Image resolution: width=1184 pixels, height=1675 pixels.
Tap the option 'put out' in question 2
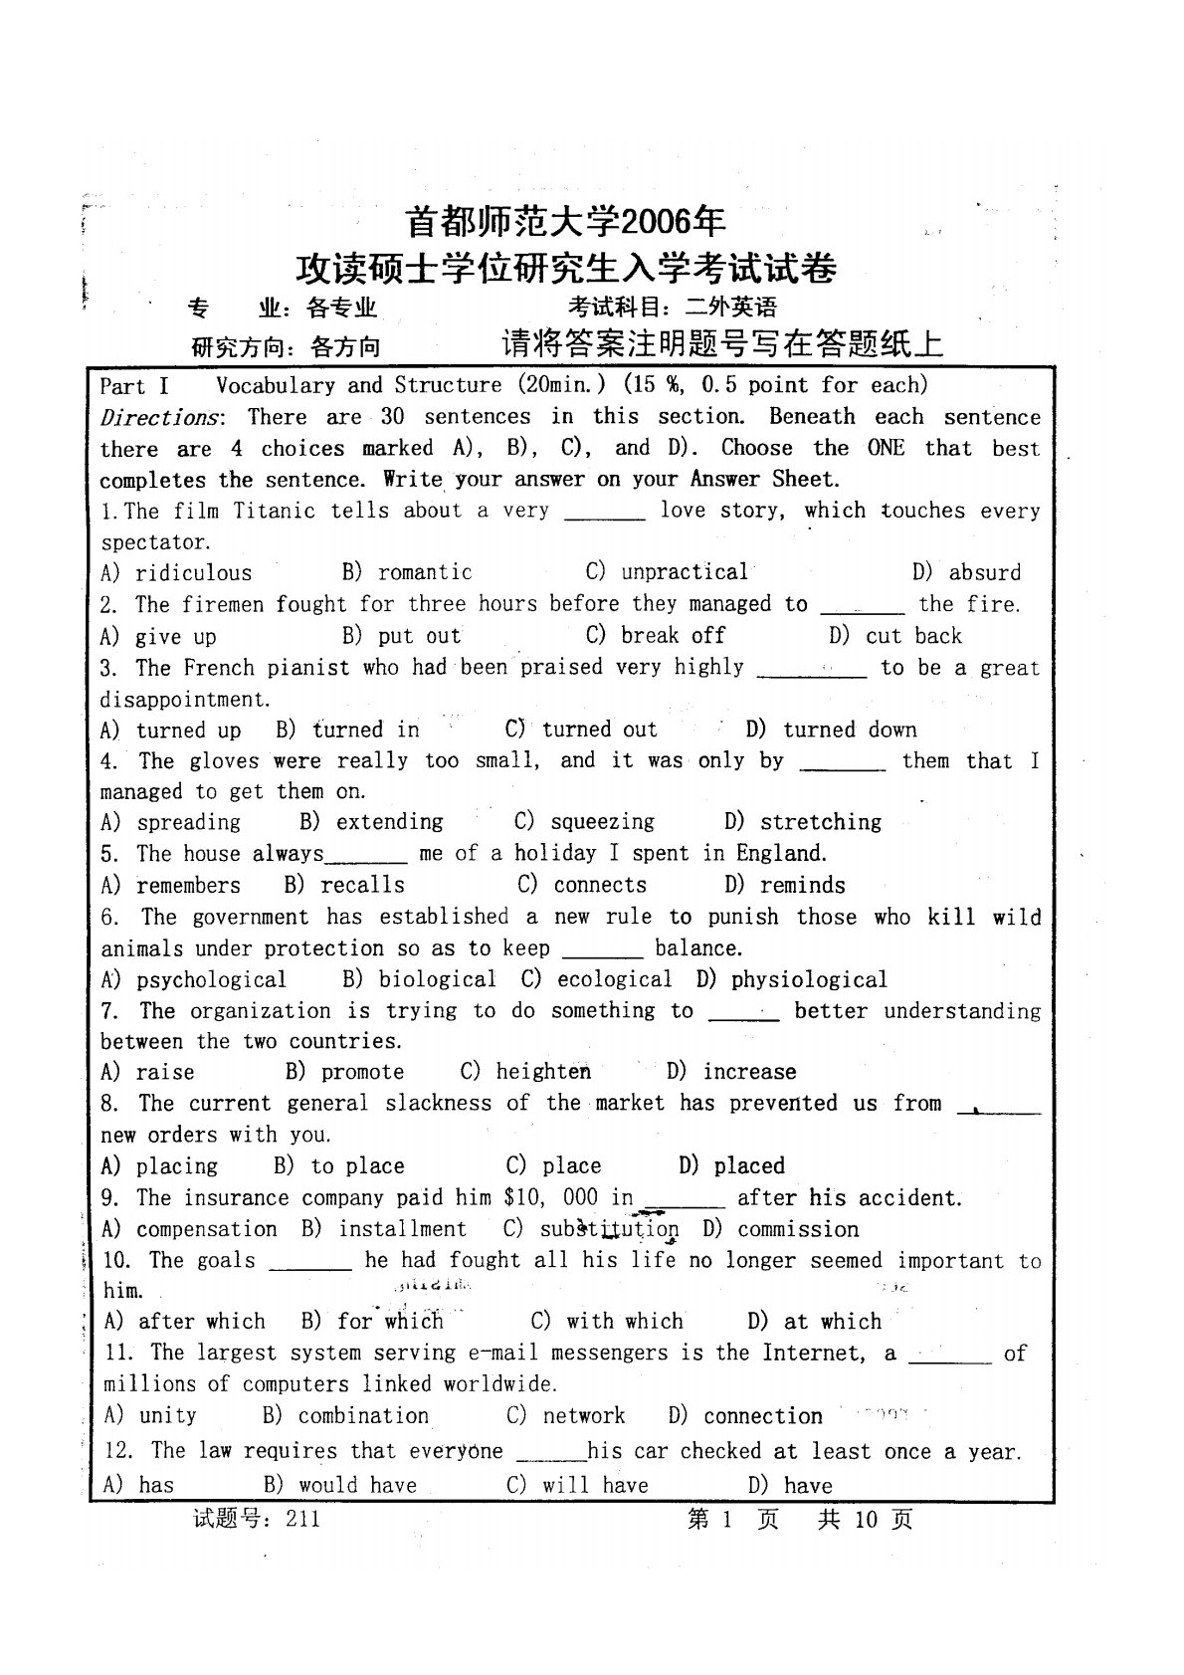[419, 636]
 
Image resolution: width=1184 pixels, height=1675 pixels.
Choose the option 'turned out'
[599, 730]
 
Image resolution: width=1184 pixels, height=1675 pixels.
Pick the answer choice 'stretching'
[820, 822]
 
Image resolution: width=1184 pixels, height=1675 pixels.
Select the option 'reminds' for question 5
[802, 885]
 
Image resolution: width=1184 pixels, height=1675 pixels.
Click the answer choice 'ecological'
[614, 979]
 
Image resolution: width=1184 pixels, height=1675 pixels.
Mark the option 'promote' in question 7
[362, 1072]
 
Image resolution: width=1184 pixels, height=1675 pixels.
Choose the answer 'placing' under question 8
[176, 1165]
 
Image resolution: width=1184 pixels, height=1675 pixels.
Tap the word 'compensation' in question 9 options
[206, 1229]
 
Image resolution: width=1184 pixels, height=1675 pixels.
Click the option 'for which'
[390, 1322]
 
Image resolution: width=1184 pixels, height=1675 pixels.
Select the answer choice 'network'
[583, 1415]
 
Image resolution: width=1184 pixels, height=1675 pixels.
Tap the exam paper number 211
[301, 1519]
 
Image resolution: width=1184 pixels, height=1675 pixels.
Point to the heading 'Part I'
[134, 386]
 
